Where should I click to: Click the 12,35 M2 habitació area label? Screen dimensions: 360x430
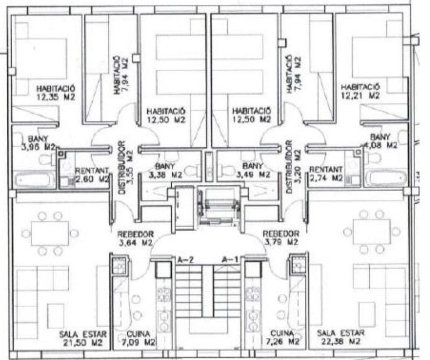click(57, 92)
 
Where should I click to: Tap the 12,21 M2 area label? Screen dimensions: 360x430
click(361, 91)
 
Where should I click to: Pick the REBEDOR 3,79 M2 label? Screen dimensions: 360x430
click(281, 238)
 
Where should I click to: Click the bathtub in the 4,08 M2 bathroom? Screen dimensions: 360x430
click(386, 178)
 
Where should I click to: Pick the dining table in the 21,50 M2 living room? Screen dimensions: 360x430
click(50, 233)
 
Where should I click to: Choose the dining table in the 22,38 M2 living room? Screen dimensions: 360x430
click(372, 231)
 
